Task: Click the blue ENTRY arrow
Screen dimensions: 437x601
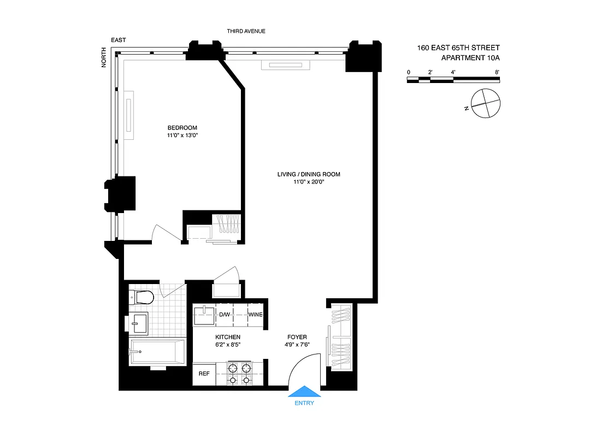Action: (x=304, y=391)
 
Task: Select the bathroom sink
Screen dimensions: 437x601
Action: (x=139, y=322)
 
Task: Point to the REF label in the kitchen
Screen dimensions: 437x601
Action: (x=204, y=375)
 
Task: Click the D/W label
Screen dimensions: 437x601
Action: (x=225, y=315)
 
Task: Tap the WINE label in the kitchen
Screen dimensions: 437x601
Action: (x=256, y=315)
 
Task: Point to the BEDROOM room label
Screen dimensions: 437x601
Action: (x=182, y=128)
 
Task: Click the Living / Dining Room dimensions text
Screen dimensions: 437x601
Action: (x=309, y=182)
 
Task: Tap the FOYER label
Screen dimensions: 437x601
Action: (x=297, y=337)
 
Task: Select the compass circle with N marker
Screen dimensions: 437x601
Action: (x=486, y=103)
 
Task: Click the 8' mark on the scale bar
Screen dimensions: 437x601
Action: (x=497, y=72)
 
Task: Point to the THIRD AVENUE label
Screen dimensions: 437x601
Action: (x=246, y=31)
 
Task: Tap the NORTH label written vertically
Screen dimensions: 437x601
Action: (x=104, y=60)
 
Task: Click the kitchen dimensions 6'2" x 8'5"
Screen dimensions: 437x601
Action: (x=228, y=345)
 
